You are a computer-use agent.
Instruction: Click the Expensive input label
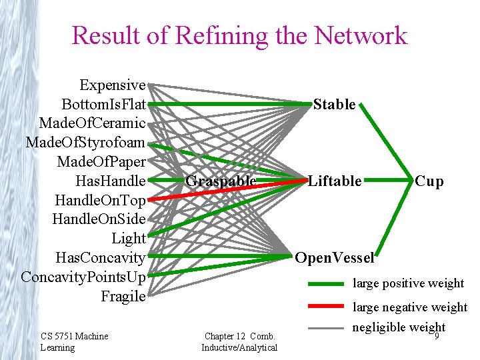point(112,85)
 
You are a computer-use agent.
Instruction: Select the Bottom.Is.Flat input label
point(103,105)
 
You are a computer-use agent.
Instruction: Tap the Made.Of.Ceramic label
point(92,123)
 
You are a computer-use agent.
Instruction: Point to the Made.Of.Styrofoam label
point(85,143)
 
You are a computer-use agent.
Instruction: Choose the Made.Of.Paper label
point(101,161)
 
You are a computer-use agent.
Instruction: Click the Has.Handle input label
point(110,181)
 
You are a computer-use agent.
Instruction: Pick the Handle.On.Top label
point(100,200)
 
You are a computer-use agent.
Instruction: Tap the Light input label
point(129,238)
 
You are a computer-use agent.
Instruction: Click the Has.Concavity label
point(100,257)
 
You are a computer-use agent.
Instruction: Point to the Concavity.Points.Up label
point(83,277)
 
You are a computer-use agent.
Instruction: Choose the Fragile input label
point(123,296)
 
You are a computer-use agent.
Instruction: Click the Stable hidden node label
point(334,104)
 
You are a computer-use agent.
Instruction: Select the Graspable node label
point(221,181)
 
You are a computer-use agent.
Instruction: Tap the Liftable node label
point(335,181)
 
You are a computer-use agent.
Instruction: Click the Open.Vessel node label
point(334,257)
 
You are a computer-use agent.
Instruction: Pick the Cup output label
point(429,181)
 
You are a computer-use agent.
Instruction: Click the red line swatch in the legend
point(327,307)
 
